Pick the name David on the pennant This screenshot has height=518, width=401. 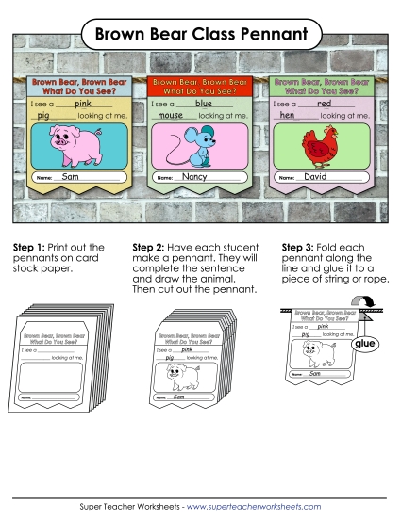click(x=316, y=177)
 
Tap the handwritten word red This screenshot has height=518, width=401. click(x=324, y=104)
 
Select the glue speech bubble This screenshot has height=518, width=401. click(x=365, y=345)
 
